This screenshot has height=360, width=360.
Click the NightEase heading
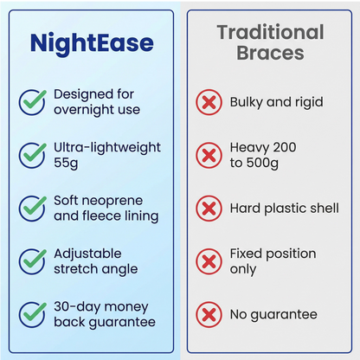click(x=91, y=43)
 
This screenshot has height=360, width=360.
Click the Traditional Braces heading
click(x=270, y=42)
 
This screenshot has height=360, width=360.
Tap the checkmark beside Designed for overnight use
click(x=32, y=102)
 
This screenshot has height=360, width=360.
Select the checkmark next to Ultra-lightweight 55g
click(x=32, y=156)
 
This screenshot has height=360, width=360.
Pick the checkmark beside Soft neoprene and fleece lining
click(x=32, y=208)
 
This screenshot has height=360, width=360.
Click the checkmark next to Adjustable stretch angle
click(x=32, y=260)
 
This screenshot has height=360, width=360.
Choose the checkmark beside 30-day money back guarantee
click(x=32, y=314)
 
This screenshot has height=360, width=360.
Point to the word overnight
click(x=88, y=110)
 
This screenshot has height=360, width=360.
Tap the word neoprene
click(x=116, y=201)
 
